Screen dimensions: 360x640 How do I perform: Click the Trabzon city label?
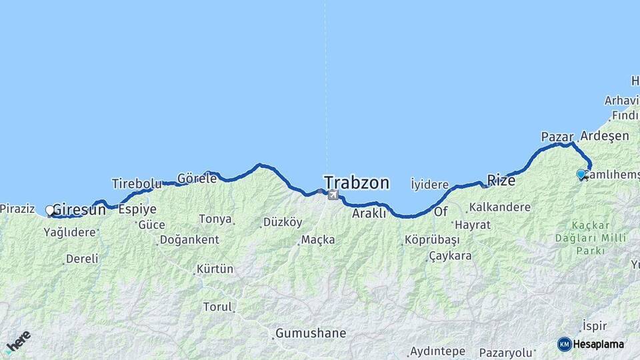point(357,182)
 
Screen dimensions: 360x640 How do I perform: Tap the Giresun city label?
point(79,209)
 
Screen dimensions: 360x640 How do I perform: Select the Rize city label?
point(501,180)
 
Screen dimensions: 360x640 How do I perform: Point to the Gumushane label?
point(311,333)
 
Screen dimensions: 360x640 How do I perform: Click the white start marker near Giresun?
point(50,211)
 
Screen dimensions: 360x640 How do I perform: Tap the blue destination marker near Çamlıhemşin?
point(581,175)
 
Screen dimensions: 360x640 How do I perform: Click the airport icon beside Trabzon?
point(332,195)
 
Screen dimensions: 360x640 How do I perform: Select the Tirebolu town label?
point(137,183)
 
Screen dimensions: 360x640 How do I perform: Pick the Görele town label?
point(197,178)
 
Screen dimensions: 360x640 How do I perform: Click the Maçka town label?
point(318,239)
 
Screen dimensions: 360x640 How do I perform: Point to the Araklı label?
point(369,213)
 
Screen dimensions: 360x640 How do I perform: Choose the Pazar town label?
point(557,137)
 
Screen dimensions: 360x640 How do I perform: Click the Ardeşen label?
point(605,136)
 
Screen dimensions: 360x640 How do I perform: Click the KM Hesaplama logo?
point(591,344)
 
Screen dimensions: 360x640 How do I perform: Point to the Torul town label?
point(218,307)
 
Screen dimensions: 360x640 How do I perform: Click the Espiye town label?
point(137,209)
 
